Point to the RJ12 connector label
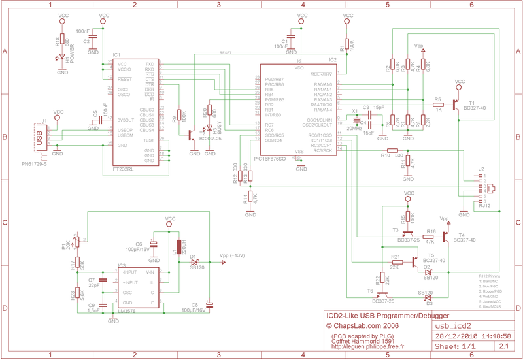click(x=484, y=205)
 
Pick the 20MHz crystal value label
click(x=354, y=129)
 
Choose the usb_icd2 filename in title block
click(x=454, y=325)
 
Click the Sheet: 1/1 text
click(x=456, y=346)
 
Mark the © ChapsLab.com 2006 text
click(x=362, y=325)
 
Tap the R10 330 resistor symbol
click(x=400, y=150)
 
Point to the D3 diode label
click(x=429, y=303)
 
